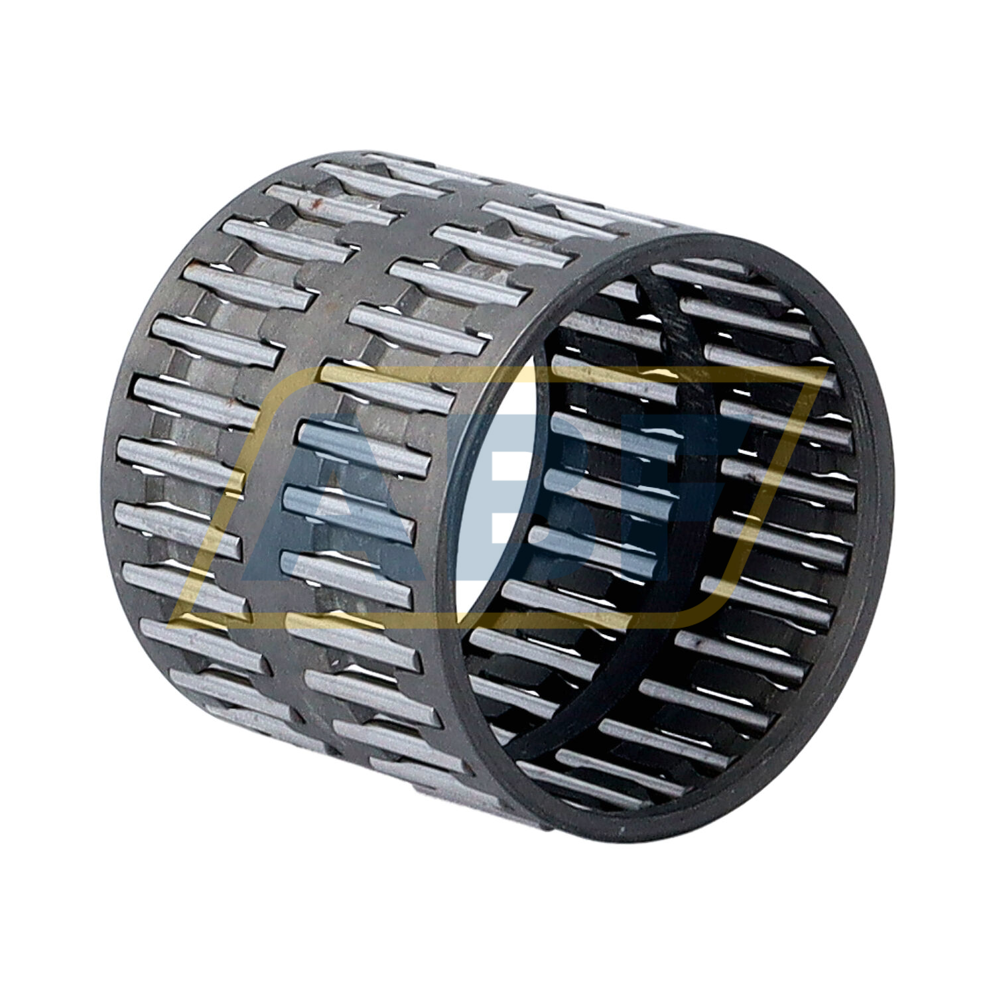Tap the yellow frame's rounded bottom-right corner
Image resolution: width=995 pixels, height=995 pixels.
(x=710, y=614)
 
